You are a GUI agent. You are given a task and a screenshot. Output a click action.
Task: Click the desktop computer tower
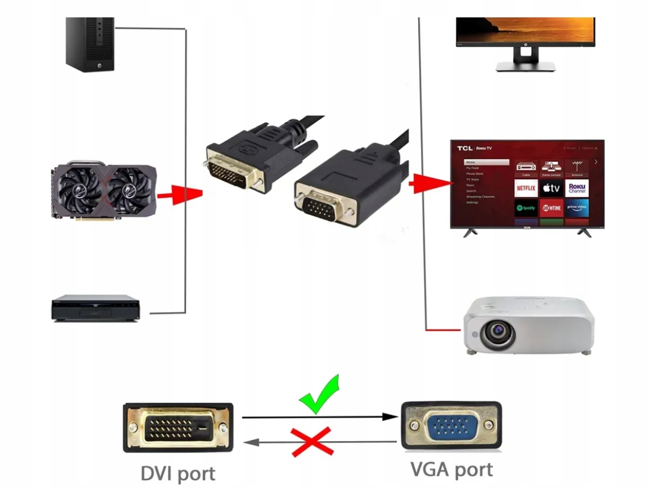coord(90,44)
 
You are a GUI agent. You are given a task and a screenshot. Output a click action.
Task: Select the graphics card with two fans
coord(104,191)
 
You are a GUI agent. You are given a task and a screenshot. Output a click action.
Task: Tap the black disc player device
coord(95,308)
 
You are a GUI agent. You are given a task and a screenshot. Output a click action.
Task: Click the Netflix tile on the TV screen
coord(525,188)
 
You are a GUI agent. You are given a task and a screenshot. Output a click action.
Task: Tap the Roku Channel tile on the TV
coord(577,188)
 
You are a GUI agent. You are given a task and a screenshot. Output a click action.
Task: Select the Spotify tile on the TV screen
coord(525,208)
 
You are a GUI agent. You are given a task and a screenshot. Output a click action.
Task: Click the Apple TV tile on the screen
coord(551,188)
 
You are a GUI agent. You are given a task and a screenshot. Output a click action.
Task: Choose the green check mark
coord(320,395)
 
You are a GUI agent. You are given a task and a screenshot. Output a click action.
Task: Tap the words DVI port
coord(177,473)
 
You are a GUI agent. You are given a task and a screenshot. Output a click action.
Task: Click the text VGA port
coord(452,469)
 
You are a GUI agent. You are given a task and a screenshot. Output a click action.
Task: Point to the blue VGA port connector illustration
coord(450,425)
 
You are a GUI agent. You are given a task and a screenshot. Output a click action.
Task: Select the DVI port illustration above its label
coord(178,427)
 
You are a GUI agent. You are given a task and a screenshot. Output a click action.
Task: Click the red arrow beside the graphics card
coord(179,194)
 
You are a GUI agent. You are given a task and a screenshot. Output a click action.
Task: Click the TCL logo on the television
coord(465,148)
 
